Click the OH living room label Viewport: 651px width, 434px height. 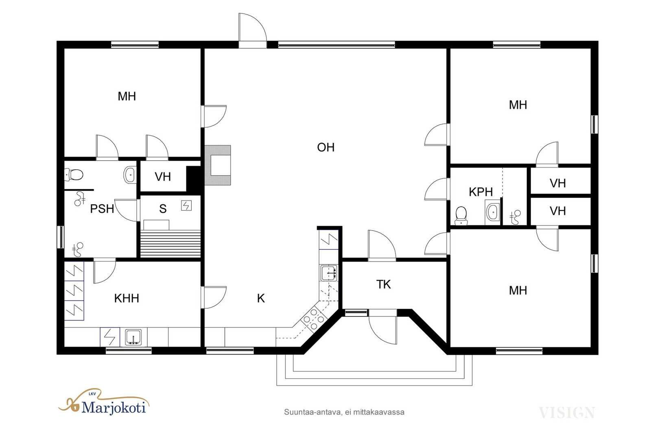[x=325, y=148]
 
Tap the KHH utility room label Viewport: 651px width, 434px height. [x=127, y=298]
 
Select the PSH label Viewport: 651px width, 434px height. [x=102, y=209]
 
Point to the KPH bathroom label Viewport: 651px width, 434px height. [x=481, y=192]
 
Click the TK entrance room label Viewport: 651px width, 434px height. [x=384, y=284]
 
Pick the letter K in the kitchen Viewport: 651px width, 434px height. [x=261, y=298]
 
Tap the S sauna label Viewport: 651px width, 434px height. [x=163, y=209]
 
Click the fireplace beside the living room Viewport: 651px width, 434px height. [x=218, y=165]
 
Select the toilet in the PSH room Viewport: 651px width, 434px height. [x=74, y=175]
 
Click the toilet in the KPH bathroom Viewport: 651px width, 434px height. [x=461, y=216]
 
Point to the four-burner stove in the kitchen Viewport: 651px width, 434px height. [x=314, y=319]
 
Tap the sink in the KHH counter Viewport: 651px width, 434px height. [x=133, y=337]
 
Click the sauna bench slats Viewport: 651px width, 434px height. [x=170, y=243]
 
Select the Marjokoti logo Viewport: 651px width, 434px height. [x=104, y=403]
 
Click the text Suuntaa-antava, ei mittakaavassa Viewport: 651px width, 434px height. [x=344, y=412]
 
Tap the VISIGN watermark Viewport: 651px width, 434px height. [x=567, y=412]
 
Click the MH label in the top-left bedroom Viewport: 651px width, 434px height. [x=127, y=96]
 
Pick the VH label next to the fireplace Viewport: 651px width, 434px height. [x=163, y=177]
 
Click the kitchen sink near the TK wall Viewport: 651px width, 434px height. [x=329, y=273]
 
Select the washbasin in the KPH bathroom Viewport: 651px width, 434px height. [x=493, y=212]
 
